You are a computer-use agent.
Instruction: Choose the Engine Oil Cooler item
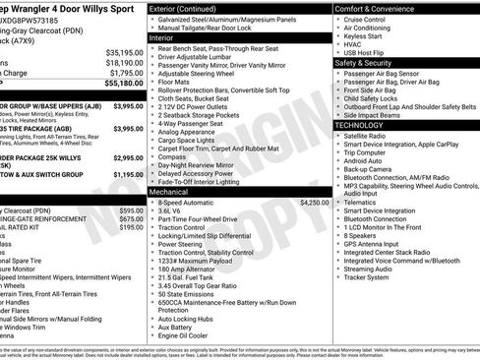pos(185,335)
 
